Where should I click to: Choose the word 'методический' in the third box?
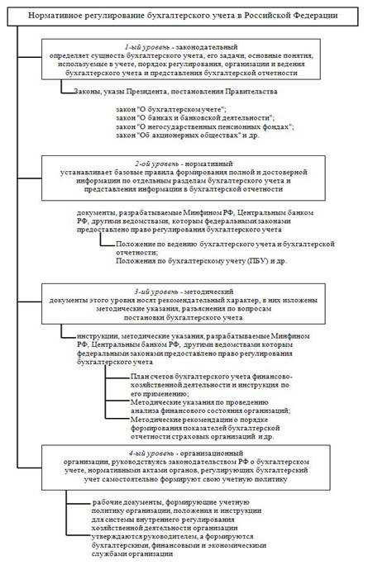coord(211,294)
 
